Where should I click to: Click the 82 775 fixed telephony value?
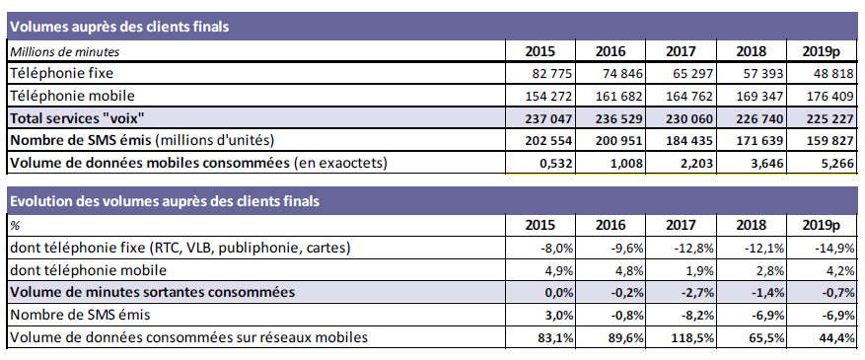pyautogui.click(x=549, y=73)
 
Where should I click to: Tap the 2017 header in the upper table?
pyautogui.click(x=681, y=51)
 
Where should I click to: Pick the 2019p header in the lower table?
pyautogui.click(x=821, y=225)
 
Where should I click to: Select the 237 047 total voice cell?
pyautogui.click(x=549, y=119)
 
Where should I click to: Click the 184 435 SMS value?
pyautogui.click(x=689, y=141)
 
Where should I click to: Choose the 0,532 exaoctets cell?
pyautogui.click(x=556, y=164)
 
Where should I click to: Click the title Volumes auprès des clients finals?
pyautogui.click(x=119, y=27)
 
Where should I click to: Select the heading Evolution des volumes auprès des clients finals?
pyautogui.click(x=165, y=201)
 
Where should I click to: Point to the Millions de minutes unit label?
pyautogui.click(x=65, y=52)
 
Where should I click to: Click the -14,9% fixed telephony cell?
pyautogui.click(x=834, y=249)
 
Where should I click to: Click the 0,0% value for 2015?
pyautogui.click(x=558, y=293)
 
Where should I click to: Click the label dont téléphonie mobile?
pyautogui.click(x=88, y=270)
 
